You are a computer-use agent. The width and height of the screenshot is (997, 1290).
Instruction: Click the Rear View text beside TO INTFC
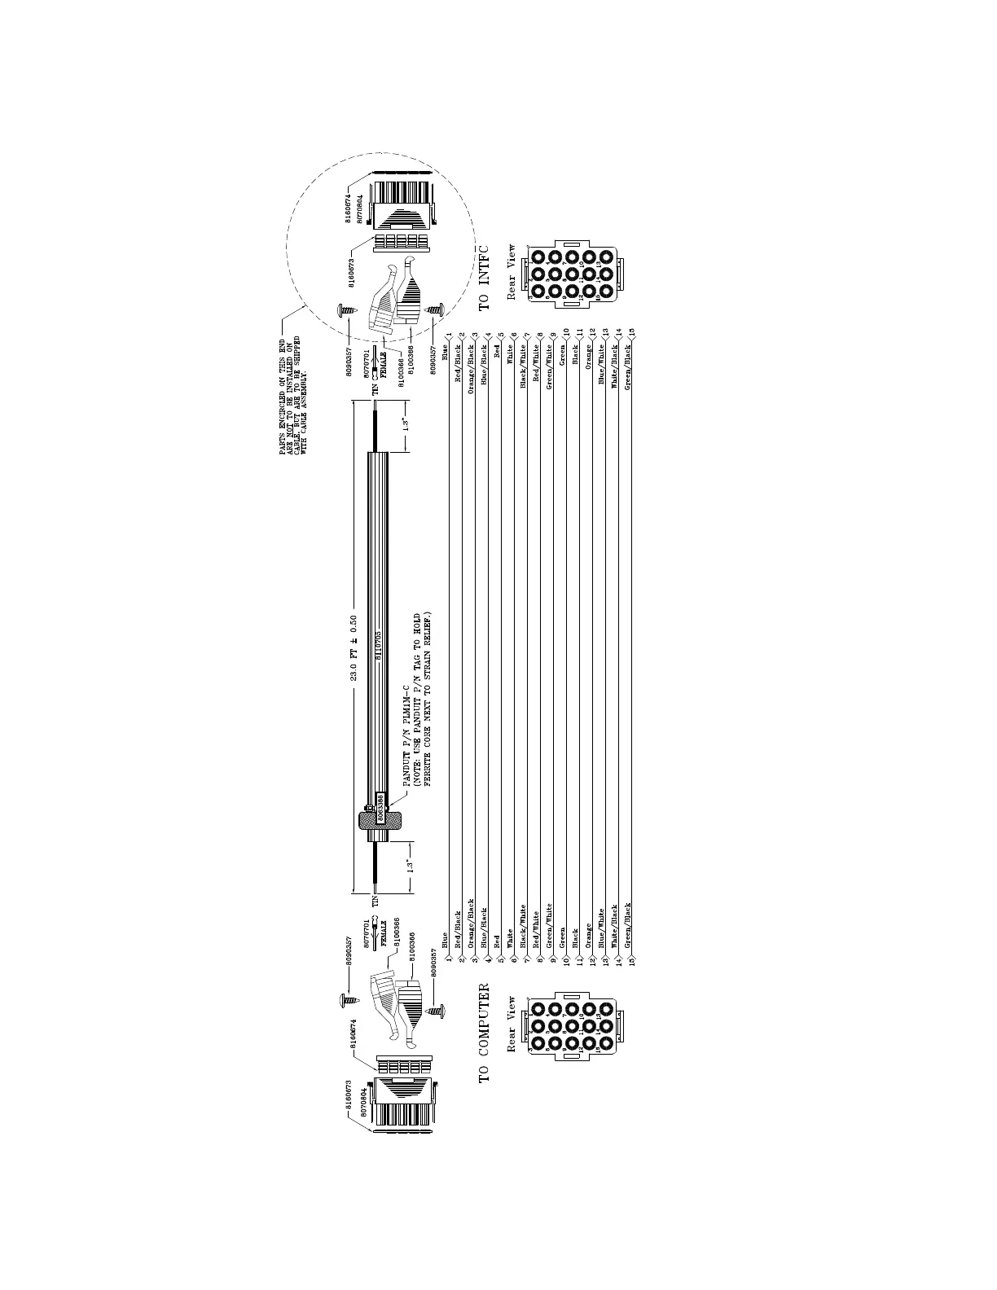pyautogui.click(x=512, y=272)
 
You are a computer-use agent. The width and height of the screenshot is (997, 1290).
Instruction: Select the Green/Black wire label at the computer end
pyautogui.click(x=627, y=924)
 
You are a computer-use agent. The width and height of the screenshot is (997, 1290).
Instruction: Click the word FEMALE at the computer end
pyautogui.click(x=383, y=937)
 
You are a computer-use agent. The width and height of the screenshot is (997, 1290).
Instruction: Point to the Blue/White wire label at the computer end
pyautogui.click(x=601, y=928)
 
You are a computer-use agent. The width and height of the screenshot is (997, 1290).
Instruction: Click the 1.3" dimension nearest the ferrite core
pyautogui.click(x=411, y=866)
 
